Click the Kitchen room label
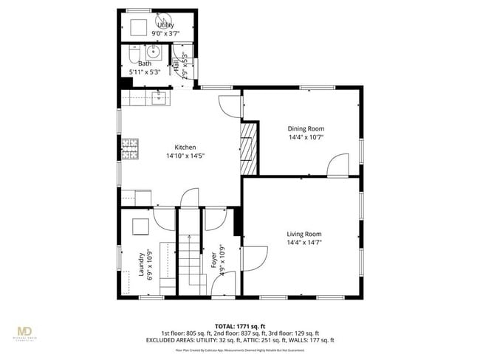pos(185,147)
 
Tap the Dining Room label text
pos(306,128)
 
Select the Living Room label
pos(304,234)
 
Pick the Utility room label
pos(165,25)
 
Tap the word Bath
pos(145,63)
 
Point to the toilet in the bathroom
pos(131,55)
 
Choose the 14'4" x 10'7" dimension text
pos(306,137)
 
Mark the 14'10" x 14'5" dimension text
pos(185,156)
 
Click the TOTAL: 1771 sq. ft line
pos(239,325)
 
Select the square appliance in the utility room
pos(138,27)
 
